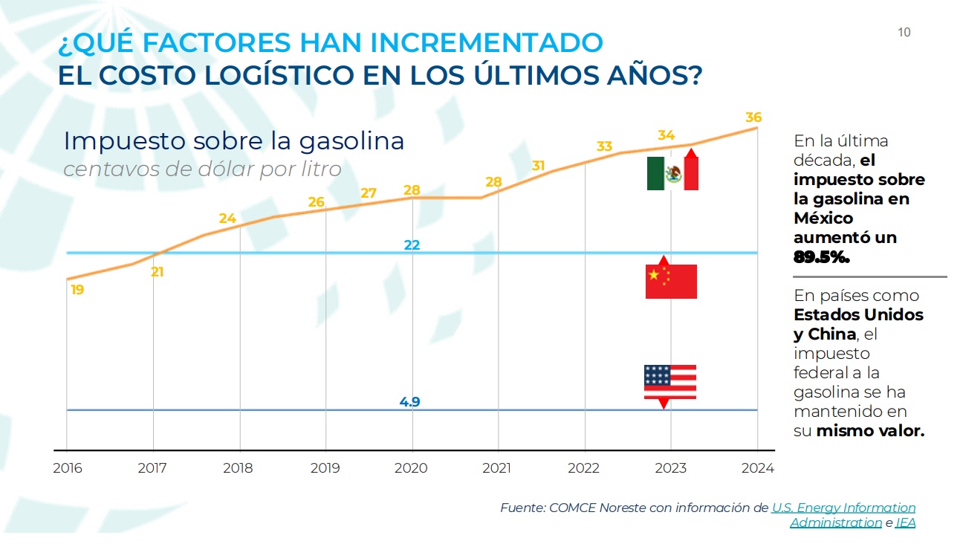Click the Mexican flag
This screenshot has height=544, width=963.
[672, 174]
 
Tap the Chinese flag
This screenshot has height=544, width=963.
[671, 282]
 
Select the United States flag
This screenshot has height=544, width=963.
[669, 382]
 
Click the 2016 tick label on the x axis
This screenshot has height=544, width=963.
[68, 468]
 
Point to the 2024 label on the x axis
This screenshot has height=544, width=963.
[757, 468]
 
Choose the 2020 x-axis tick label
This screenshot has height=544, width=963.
[411, 468]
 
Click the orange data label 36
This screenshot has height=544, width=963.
[753, 117]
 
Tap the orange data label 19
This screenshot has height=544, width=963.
[77, 290]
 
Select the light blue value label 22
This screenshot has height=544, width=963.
[412, 245]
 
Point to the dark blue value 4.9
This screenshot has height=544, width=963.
[409, 402]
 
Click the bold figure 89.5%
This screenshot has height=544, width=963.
[822, 257]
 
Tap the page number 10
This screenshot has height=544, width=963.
[904, 32]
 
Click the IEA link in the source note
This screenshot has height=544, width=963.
[905, 522]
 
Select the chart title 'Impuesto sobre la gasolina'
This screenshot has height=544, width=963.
[234, 140]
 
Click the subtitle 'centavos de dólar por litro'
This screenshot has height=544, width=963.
[202, 169]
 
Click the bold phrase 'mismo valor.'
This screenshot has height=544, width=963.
[870, 430]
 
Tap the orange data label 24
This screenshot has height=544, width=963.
[227, 218]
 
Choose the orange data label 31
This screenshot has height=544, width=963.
[539, 165]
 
